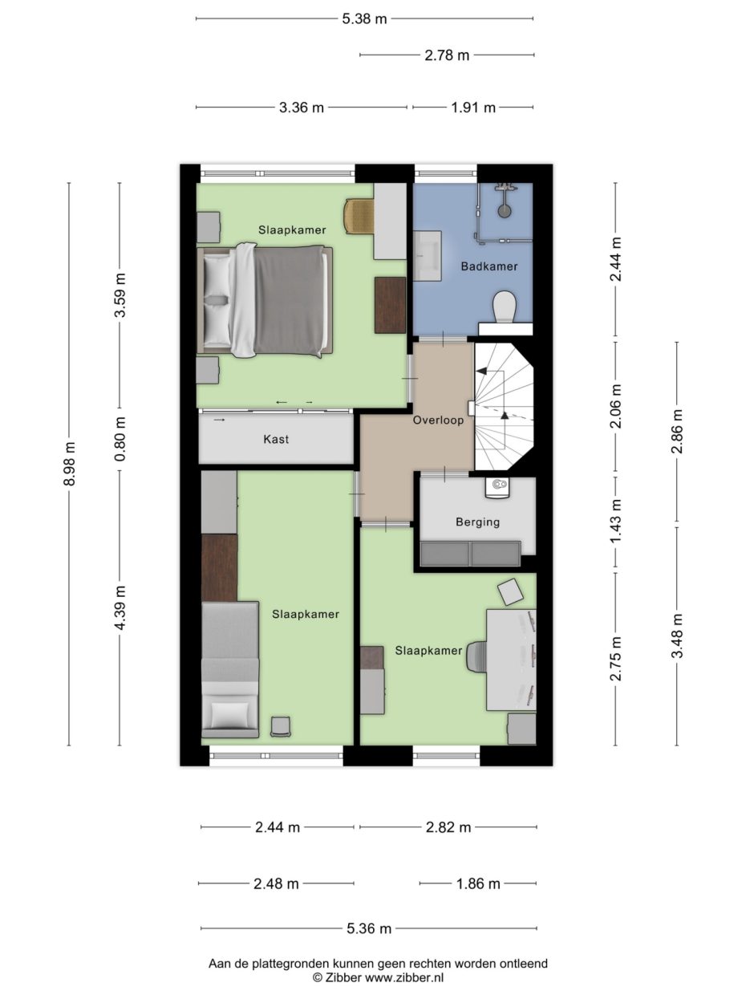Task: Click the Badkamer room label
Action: tap(489, 266)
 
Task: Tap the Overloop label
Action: tap(438, 420)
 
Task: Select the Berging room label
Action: tap(477, 522)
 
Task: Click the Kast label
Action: tap(276, 439)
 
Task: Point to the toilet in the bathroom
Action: tap(505, 307)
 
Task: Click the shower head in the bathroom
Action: tap(504, 210)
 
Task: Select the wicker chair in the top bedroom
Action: tap(359, 215)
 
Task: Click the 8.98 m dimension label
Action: tap(70, 463)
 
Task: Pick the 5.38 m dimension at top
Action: tap(364, 18)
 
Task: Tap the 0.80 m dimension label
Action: tap(120, 439)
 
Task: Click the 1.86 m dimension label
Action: tap(478, 883)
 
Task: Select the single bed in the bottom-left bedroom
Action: tap(229, 669)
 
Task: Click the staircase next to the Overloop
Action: tap(502, 407)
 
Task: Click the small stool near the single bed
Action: tap(281, 726)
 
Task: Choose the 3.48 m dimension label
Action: tap(677, 636)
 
